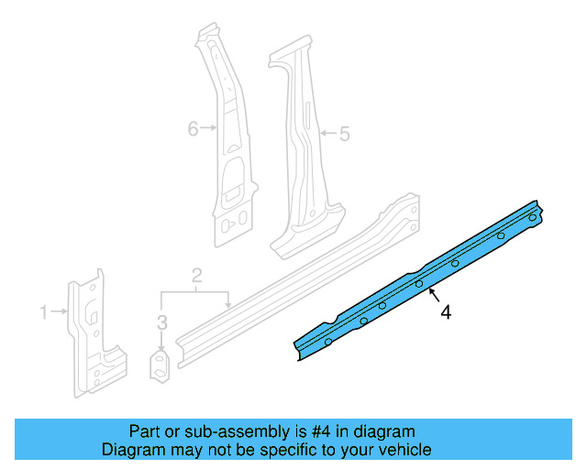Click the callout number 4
tap(446, 313)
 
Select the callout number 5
tap(344, 135)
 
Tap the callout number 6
tap(193, 129)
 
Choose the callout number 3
tap(161, 322)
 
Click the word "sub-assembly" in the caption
tap(219, 431)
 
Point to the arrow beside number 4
tap(431, 295)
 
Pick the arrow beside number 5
tap(326, 135)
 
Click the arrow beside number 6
tap(210, 129)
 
